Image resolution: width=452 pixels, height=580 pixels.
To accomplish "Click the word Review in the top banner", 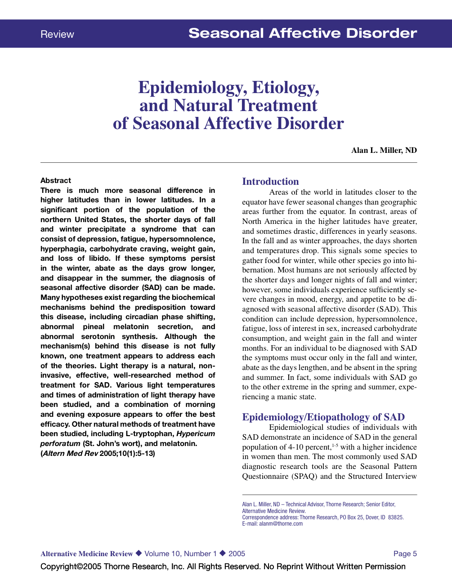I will tap(57, 34).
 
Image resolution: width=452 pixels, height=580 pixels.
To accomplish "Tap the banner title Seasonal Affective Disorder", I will tap(302, 33).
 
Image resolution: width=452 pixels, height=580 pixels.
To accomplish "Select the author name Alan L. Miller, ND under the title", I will tap(384, 150).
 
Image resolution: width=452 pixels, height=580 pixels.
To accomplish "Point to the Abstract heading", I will tap(56, 180).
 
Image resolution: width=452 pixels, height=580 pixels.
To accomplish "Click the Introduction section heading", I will tap(270, 182).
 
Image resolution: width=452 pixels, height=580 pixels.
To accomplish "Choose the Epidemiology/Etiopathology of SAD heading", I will tap(323, 417).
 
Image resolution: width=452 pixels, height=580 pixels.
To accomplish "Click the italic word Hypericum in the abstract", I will tap(196, 434).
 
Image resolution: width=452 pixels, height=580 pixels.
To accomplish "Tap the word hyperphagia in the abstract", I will tap(63, 249).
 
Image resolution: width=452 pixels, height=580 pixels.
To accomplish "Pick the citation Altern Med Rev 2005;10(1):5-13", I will tap(98, 453).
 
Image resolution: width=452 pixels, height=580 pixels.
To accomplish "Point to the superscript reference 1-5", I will tap(335, 445).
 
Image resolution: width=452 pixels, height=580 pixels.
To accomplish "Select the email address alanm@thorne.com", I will tap(281, 524).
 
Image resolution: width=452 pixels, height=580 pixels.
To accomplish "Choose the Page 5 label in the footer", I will tap(405, 554).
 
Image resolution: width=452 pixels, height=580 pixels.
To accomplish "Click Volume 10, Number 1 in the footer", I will tap(180, 554).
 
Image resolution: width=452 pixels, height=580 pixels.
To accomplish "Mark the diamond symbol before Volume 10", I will tap(139, 553).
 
